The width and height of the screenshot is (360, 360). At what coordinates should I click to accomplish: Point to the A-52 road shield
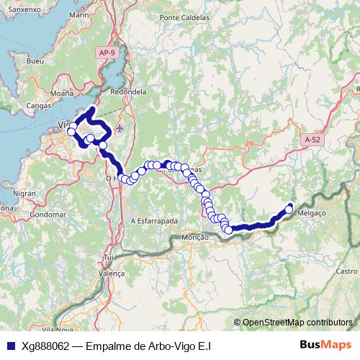point(312,139)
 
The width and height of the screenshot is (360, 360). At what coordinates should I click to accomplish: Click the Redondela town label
point(130,92)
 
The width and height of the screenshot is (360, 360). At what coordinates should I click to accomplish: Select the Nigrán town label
point(24,193)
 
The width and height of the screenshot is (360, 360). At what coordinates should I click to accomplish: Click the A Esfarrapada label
point(154,222)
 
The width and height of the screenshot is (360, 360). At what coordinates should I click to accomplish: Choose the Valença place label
point(111,273)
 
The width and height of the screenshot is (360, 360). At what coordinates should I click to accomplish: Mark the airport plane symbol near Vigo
point(119,129)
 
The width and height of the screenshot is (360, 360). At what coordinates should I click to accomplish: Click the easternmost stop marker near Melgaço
point(289,209)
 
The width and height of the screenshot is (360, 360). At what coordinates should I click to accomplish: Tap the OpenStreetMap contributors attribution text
point(297,323)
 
